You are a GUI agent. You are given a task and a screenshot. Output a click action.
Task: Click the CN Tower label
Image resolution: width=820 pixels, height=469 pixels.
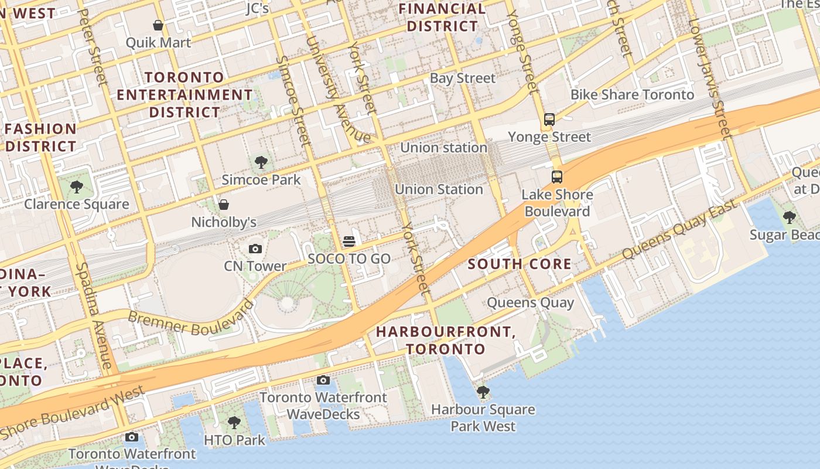click(255, 266)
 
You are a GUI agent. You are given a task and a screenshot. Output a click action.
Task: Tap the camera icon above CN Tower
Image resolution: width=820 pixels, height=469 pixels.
click(255, 249)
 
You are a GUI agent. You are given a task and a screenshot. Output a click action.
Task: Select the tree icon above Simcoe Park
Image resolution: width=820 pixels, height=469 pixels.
click(261, 162)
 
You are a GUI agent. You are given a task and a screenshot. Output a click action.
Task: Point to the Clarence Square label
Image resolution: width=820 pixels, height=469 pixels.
click(76, 204)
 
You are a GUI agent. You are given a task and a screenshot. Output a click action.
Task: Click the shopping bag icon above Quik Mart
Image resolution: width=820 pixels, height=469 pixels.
click(158, 25)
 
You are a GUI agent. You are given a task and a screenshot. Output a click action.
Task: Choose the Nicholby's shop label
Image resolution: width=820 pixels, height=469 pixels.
click(224, 222)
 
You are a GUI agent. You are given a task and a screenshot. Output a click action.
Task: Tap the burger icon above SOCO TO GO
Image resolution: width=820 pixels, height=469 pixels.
click(349, 242)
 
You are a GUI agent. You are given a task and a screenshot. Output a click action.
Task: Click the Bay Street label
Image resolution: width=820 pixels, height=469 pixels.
click(462, 78)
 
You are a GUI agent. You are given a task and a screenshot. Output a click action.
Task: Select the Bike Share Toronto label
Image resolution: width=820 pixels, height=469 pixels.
click(632, 94)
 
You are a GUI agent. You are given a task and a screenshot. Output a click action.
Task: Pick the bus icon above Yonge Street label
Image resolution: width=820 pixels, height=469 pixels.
click(549, 119)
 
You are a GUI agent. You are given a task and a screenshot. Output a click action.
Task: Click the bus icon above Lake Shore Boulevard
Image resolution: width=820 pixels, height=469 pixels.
click(557, 176)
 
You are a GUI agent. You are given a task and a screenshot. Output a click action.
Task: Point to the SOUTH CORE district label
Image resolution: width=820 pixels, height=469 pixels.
click(520, 264)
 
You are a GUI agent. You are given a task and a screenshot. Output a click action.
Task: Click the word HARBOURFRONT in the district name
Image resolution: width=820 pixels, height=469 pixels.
click(445, 332)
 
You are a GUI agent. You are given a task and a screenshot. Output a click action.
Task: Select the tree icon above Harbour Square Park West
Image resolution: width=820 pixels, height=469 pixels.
click(483, 392)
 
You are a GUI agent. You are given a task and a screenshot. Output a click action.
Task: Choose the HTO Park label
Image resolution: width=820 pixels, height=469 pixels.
click(234, 440)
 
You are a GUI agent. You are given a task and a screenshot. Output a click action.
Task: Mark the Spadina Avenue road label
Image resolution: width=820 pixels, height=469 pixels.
click(94, 316)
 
